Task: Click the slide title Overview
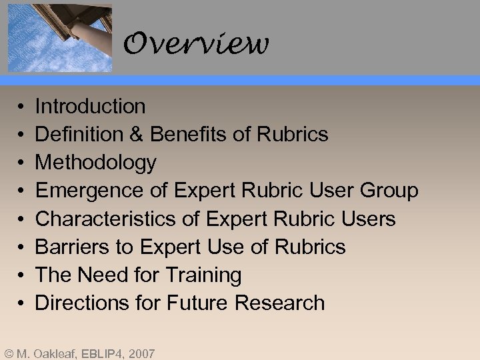click(x=196, y=45)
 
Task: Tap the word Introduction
click(x=90, y=106)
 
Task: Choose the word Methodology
click(x=95, y=163)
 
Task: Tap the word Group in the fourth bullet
click(x=389, y=191)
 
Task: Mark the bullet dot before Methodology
click(x=21, y=163)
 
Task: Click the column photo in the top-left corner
click(x=59, y=36)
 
